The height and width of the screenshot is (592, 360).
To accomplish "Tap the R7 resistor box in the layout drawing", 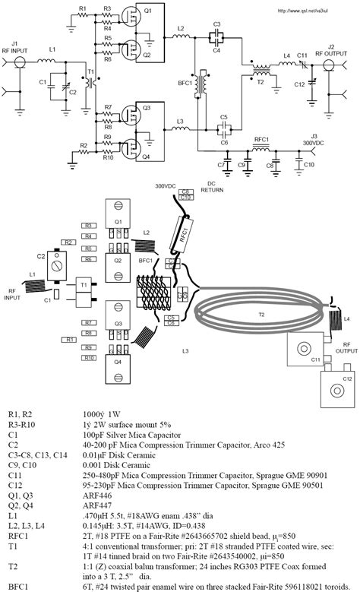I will click(89, 322).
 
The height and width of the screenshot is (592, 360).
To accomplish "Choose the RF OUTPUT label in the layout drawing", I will click(343, 347).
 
